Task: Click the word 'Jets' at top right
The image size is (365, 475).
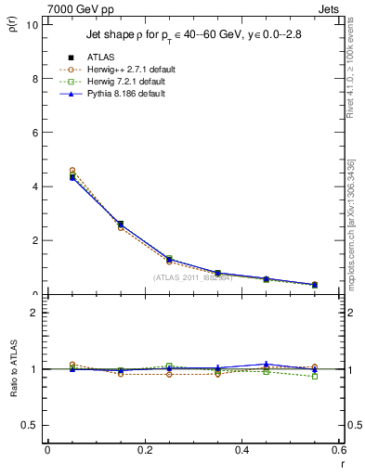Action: coord(331,7)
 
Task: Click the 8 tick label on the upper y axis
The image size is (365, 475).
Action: coord(34,79)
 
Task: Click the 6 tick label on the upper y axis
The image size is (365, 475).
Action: coord(34,133)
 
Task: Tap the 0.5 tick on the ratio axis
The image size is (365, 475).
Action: coord(30,425)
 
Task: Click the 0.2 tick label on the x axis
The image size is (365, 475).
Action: coord(143,451)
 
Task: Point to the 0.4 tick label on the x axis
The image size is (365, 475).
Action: coord(241,451)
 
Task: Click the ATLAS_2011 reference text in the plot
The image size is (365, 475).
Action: coord(192,276)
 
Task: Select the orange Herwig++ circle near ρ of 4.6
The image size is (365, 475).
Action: coord(72,171)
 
